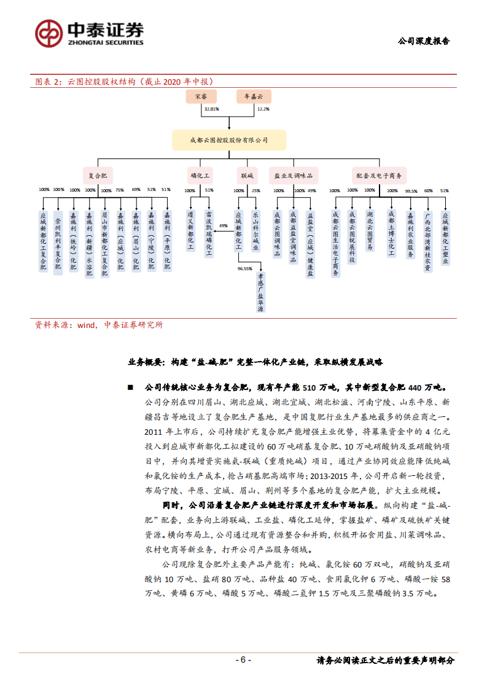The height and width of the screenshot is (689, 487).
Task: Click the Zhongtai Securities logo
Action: [89, 33]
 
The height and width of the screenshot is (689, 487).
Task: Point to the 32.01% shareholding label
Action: [211, 109]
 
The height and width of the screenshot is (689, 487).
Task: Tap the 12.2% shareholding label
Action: [263, 109]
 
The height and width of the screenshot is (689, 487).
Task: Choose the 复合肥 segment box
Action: [98, 175]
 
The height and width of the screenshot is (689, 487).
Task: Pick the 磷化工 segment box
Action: [201, 175]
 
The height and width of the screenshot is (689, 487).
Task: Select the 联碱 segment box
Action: [247, 175]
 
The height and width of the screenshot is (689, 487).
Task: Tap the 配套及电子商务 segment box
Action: [379, 175]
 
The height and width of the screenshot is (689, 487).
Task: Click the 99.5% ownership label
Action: [410, 191]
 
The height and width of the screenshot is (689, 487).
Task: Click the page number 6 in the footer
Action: [243, 660]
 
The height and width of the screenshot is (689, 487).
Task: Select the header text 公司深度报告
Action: [423, 42]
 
